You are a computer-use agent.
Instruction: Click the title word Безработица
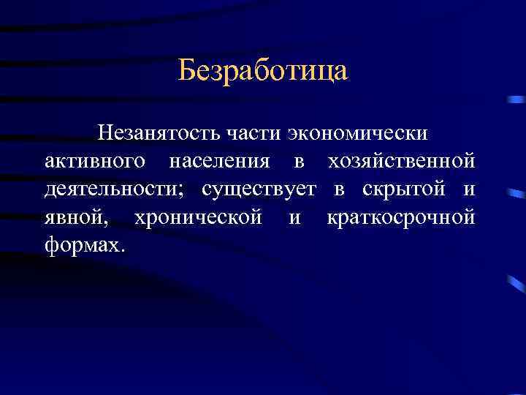click(x=263, y=71)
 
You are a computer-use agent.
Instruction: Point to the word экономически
click(x=359, y=134)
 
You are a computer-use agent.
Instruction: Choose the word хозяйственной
click(x=401, y=161)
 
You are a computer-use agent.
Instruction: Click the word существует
click(x=259, y=189)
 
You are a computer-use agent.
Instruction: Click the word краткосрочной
click(x=401, y=217)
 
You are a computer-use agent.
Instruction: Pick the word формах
click(x=82, y=244)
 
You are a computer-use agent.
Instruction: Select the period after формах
click(x=123, y=249)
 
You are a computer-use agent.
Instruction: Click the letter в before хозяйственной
click(x=302, y=162)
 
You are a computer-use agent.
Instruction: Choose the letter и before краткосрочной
click(x=294, y=218)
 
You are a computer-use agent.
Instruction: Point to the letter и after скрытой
click(x=469, y=190)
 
